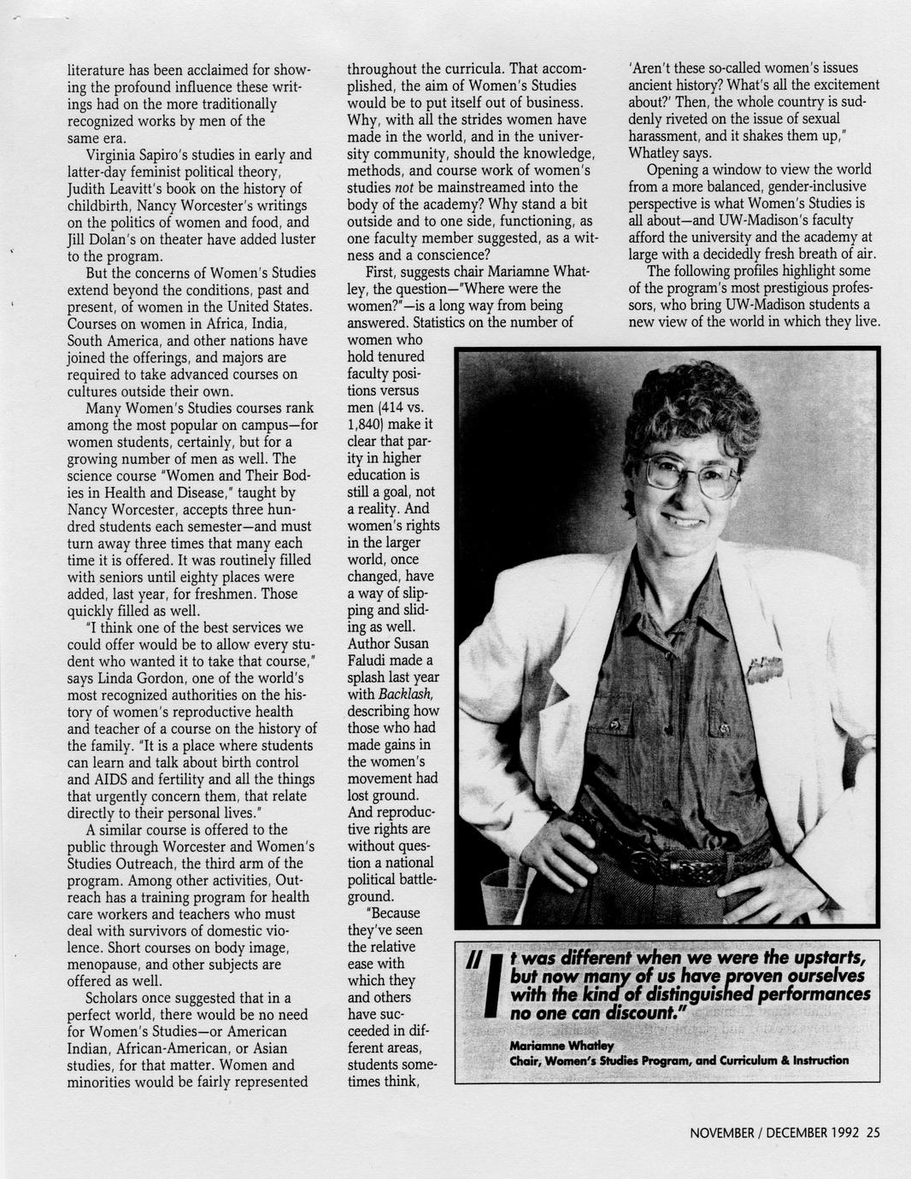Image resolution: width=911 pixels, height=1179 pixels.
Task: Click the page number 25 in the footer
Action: pos(873,1134)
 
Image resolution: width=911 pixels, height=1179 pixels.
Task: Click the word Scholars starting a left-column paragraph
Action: pos(115,998)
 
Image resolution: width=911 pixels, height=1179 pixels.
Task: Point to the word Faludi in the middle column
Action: pos(368,660)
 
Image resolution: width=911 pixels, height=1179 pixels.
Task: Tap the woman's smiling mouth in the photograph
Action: pos(688,519)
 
